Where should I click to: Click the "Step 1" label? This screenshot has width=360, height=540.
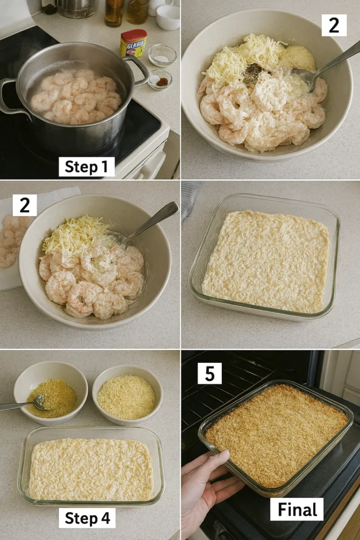tap(86, 167)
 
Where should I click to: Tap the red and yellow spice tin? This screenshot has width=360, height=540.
tap(133, 44)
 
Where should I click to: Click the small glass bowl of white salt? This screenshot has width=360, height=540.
tap(162, 55)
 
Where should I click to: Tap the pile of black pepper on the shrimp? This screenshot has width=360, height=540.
tap(252, 73)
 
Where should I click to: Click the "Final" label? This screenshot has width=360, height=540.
tap(297, 509)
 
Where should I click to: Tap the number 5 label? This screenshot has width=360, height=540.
tap(209, 373)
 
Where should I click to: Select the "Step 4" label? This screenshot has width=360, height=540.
tap(87, 518)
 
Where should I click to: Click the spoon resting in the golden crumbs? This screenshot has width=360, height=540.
tap(24, 404)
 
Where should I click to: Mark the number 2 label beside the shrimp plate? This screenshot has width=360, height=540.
tap(25, 205)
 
